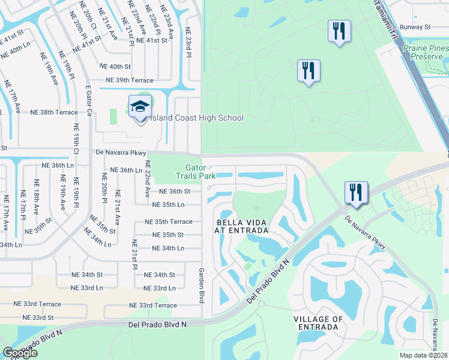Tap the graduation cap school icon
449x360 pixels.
tap(140, 108)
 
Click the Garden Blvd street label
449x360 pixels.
tap(202, 285)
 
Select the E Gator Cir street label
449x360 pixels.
tap(88, 102)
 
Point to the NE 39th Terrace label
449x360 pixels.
tap(129, 80)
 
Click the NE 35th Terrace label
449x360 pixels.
tap(169, 221)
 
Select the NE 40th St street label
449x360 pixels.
tap(115, 67)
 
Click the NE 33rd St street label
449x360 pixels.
tap(38, 317)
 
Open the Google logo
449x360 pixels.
tap(20, 353)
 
